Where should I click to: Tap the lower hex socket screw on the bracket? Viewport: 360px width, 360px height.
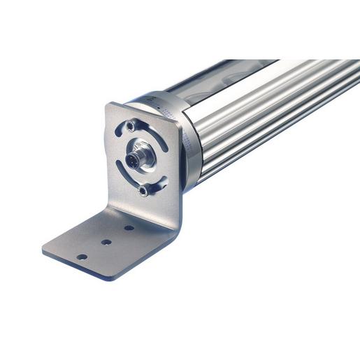[x=143, y=191]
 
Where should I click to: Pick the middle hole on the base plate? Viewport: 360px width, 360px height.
[x=106, y=242]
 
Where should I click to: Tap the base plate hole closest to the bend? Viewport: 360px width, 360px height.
[x=129, y=228]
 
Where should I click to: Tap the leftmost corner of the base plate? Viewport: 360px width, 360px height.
[x=44, y=250]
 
